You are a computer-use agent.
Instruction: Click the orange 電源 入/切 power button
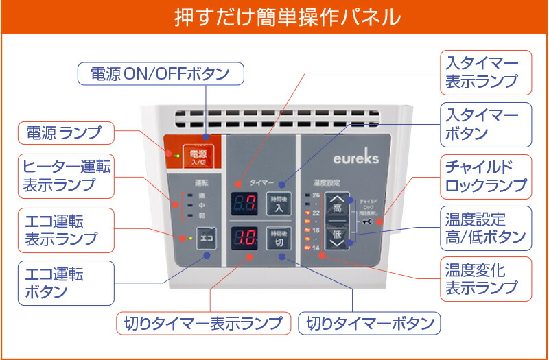click(197, 156)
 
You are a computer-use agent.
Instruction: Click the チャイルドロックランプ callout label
click(486, 175)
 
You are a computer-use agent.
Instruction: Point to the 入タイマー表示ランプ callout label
click(486, 72)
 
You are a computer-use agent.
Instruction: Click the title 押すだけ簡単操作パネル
click(274, 15)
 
